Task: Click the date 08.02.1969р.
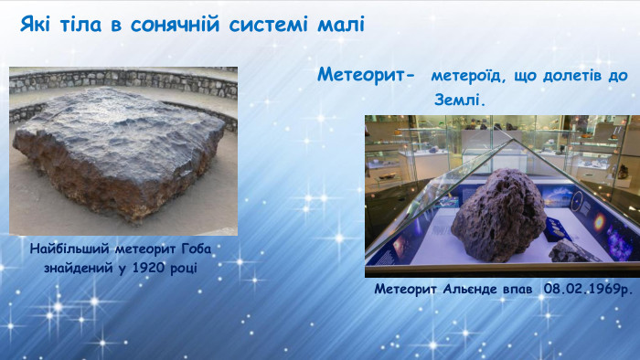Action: tap(587, 289)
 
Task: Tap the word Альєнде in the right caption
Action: tap(475, 289)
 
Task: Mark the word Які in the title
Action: tap(37, 24)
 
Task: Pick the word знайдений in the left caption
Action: tap(80, 267)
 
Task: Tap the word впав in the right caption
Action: tap(521, 289)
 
